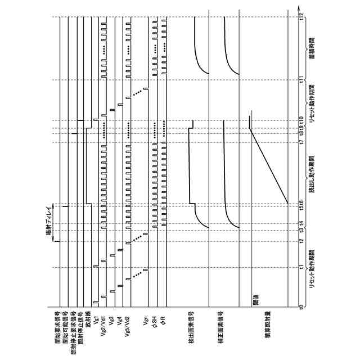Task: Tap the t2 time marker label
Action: (302, 242)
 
